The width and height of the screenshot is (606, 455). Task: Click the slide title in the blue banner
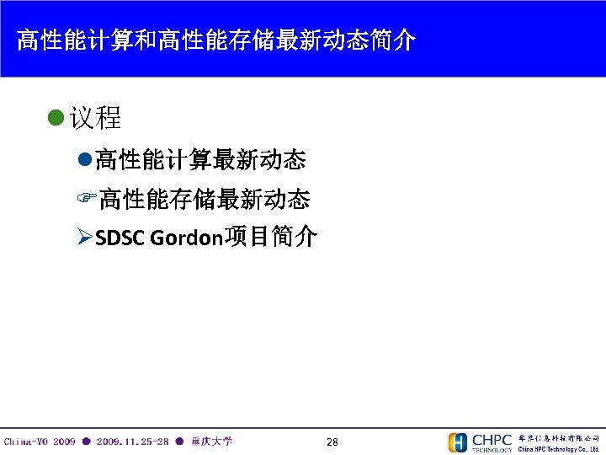(215, 40)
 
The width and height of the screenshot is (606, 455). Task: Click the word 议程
(96, 118)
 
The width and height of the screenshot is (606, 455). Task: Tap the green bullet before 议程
(56, 118)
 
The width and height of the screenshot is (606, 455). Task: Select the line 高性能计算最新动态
(200, 158)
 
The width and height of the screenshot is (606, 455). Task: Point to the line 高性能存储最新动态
(205, 199)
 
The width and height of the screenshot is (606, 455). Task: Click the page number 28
(332, 442)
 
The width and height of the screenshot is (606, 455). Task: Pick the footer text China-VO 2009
(40, 442)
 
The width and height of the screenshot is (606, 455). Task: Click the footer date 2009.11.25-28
(132, 442)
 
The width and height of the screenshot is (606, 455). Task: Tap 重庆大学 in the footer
(212, 442)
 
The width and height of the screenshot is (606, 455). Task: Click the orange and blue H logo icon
(458, 442)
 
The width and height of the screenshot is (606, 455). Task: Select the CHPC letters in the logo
(492, 439)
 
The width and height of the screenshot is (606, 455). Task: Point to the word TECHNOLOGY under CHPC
(492, 450)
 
